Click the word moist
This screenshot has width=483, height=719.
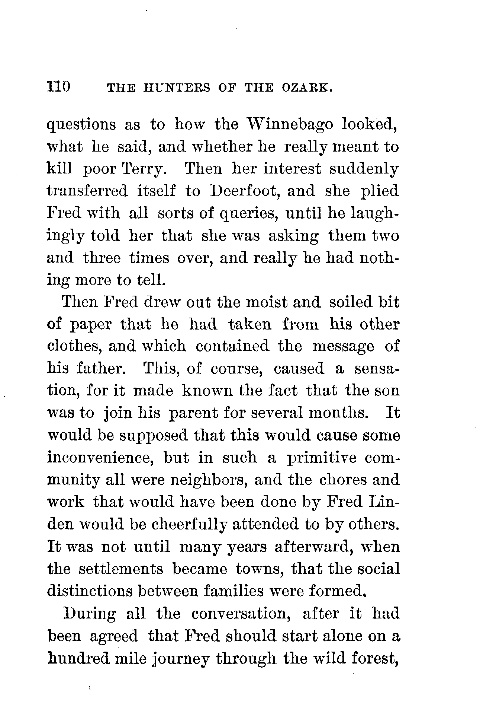point(264,302)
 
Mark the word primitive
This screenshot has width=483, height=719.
point(322,458)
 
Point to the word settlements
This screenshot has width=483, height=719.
point(121,569)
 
